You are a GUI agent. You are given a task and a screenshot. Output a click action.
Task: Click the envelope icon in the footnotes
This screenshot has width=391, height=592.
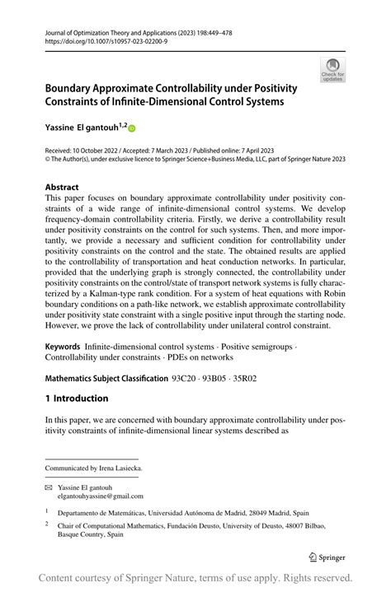point(49,487)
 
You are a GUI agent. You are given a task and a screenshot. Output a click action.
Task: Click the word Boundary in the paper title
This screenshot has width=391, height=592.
point(74,87)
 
